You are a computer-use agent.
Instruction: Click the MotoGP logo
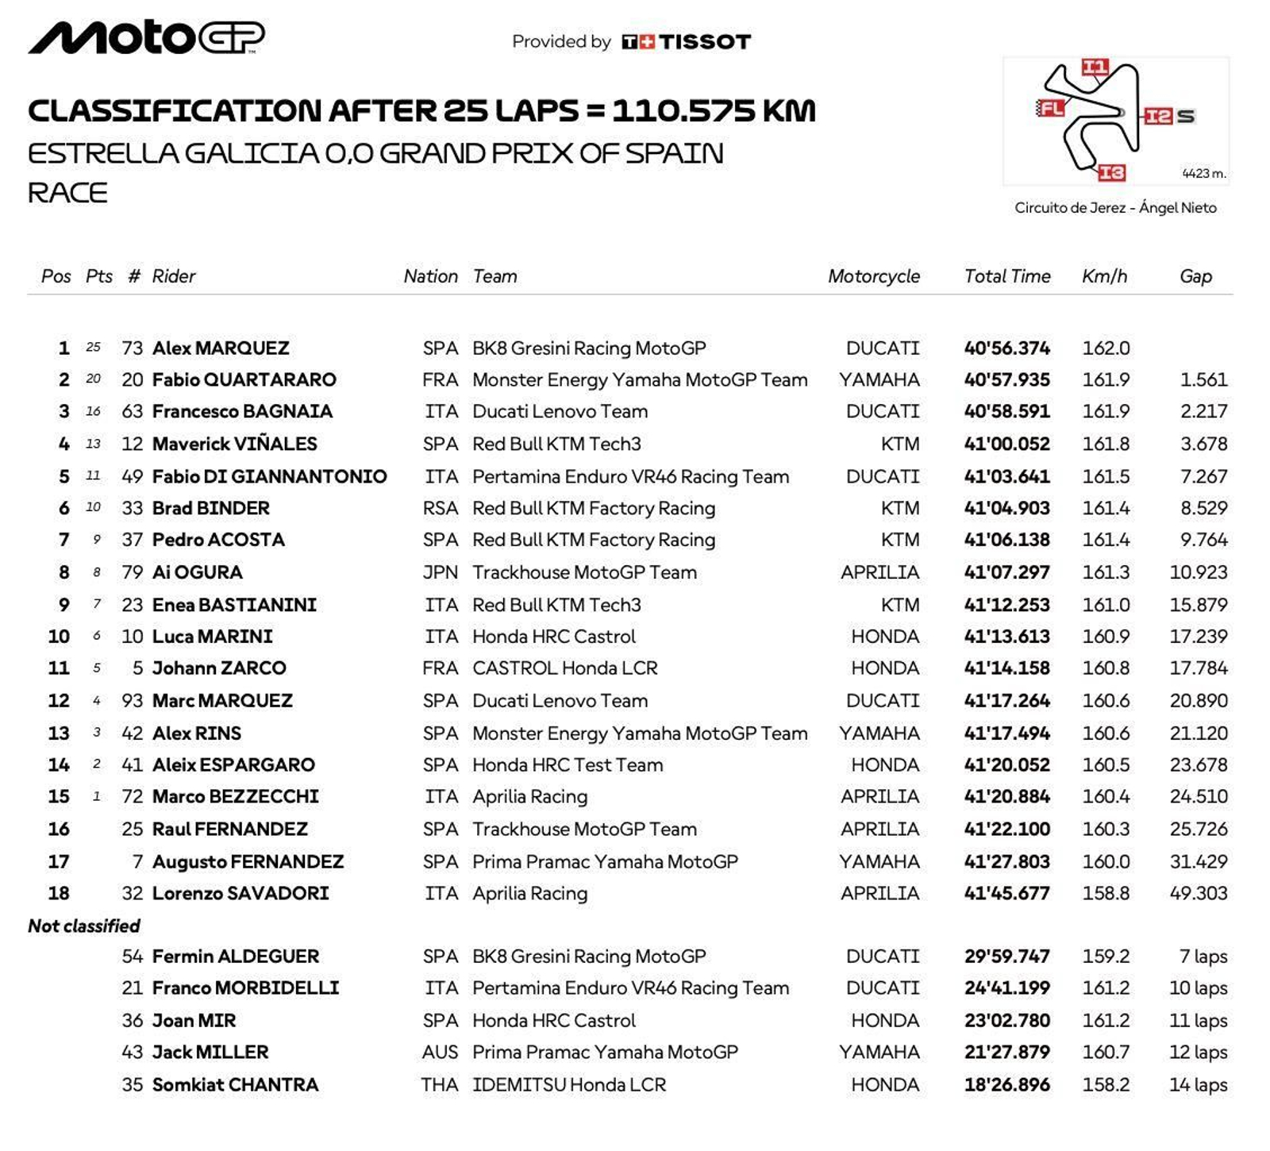point(147,37)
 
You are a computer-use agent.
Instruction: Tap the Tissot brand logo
point(686,41)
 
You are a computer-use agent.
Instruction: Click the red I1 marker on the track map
point(1095,67)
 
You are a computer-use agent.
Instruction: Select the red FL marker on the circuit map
point(1050,108)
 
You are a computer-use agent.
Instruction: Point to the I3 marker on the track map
point(1111,172)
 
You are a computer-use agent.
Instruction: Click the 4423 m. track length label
point(1203,173)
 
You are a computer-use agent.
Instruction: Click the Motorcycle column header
point(873,276)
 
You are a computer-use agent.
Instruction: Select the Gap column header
point(1195,276)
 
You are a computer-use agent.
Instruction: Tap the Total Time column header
point(1006,276)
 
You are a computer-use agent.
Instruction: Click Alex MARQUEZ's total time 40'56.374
point(1006,348)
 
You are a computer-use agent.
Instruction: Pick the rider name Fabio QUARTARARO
point(244,379)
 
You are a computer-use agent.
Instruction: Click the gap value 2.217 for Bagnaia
point(1203,411)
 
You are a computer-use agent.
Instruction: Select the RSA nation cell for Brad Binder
point(440,508)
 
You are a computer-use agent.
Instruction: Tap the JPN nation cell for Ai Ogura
point(440,572)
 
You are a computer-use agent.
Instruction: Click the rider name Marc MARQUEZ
point(222,701)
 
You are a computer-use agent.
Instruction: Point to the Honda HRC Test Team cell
point(568,765)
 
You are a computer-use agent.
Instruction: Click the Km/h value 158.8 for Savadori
point(1106,893)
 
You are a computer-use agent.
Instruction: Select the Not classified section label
point(84,926)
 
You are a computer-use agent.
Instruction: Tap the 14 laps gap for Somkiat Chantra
point(1198,1084)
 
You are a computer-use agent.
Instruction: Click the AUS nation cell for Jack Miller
point(440,1053)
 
